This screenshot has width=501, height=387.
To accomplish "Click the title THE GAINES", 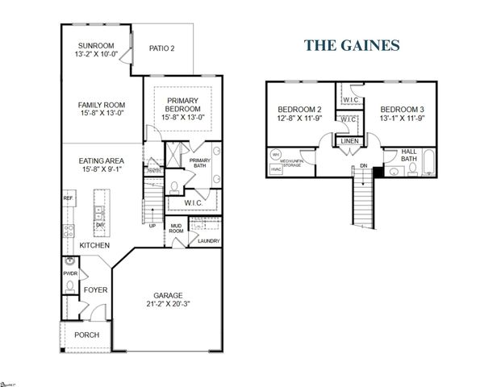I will point(352,46).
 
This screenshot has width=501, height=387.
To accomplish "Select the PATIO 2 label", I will point(162,49).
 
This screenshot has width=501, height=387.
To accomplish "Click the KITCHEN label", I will point(95,244).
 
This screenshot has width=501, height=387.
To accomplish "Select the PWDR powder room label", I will point(69,273).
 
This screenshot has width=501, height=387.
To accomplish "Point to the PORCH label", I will point(86,335).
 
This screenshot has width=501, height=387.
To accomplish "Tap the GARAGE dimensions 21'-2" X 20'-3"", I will point(169,306).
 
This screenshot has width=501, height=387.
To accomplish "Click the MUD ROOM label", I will point(176,229).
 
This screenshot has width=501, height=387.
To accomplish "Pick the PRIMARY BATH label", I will point(199,163).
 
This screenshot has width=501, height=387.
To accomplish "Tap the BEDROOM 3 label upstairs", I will point(403,110).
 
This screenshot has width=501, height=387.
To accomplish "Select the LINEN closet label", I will point(349,141).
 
